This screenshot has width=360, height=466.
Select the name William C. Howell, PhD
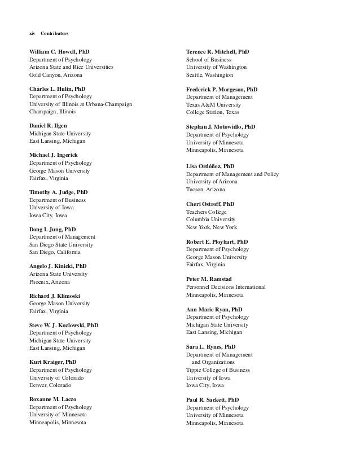point(59,51)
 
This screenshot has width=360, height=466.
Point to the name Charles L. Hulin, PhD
point(58,89)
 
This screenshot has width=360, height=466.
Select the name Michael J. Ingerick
point(54,155)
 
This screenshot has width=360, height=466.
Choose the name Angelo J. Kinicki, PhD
point(58,266)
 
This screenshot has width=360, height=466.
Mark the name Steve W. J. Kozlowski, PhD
point(63,326)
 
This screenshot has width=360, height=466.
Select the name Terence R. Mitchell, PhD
point(217,51)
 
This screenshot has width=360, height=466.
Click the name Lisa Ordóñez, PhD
point(210,167)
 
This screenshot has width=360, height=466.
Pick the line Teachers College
point(207,212)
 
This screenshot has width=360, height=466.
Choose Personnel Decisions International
point(226,287)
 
